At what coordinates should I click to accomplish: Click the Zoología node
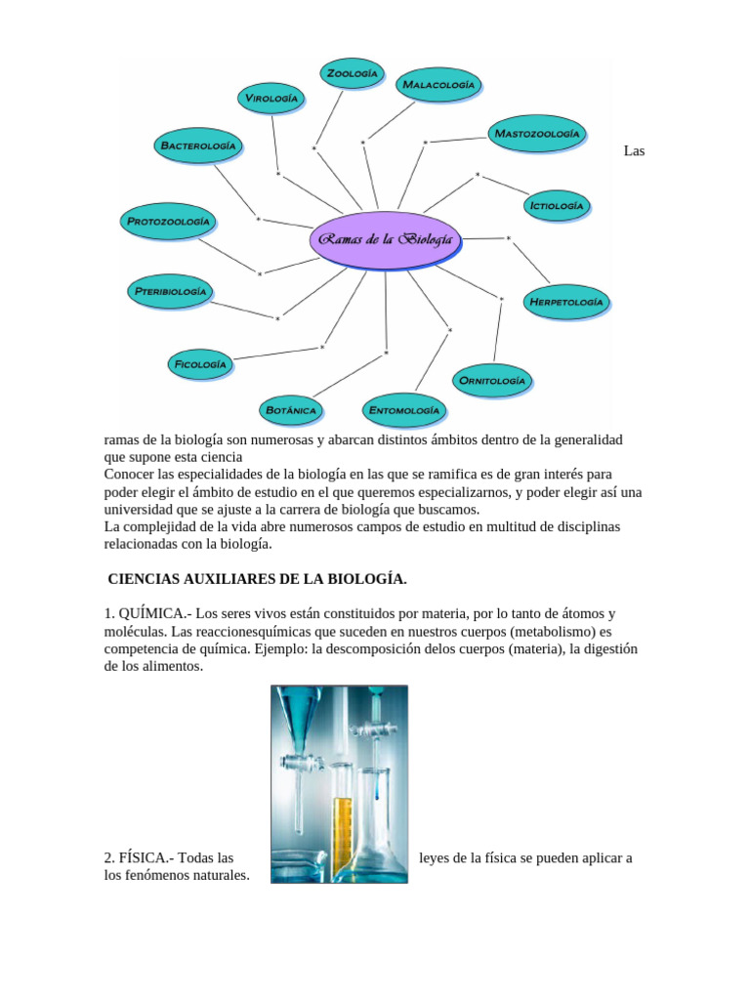pyautogui.click(x=352, y=73)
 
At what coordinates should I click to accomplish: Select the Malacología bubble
pyautogui.click(x=438, y=85)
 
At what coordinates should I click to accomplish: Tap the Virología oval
pyautogui.click(x=271, y=98)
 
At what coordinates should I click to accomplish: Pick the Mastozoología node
pyautogui.click(x=537, y=133)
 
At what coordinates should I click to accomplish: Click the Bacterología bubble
pyautogui.click(x=198, y=146)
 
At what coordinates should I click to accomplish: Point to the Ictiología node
pyautogui.click(x=557, y=206)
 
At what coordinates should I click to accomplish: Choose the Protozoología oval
pyautogui.click(x=168, y=222)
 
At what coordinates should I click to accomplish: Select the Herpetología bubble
pyautogui.click(x=566, y=302)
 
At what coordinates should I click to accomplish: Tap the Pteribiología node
pyautogui.click(x=170, y=291)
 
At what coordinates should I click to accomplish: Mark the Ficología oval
pyautogui.click(x=200, y=364)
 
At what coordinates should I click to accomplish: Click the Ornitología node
pyautogui.click(x=492, y=380)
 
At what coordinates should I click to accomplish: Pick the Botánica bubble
pyautogui.click(x=290, y=410)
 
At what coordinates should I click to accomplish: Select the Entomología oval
pyautogui.click(x=404, y=411)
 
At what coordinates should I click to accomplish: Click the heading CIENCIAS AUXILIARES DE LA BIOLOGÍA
pyautogui.click(x=257, y=579)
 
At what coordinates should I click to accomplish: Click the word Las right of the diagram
pyautogui.click(x=634, y=151)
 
